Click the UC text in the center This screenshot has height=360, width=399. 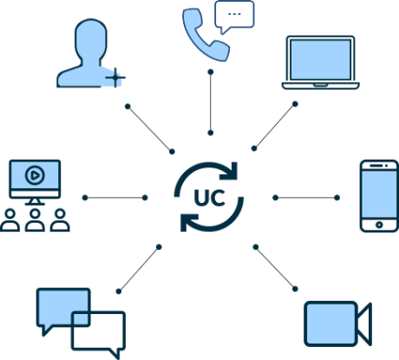click(x=210, y=198)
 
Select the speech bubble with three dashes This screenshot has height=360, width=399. click(x=234, y=15)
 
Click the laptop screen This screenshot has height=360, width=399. click(x=320, y=60)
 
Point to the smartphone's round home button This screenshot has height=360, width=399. click(x=379, y=225)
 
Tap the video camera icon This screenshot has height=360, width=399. click(x=338, y=324)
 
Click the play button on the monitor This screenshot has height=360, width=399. click(x=35, y=175)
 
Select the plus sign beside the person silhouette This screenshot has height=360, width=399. click(x=115, y=77)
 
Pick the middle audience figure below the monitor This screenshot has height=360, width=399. click(x=35, y=220)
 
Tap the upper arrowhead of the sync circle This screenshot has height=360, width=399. click(x=231, y=171)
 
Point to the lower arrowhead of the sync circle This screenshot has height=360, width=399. click(x=188, y=223)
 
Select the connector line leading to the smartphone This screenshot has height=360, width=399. click(x=306, y=198)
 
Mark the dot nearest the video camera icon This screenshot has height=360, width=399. click(x=295, y=289)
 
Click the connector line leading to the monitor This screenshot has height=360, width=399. click(x=115, y=198)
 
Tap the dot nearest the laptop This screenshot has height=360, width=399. click(x=295, y=104)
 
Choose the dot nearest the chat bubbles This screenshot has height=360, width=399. click(x=119, y=291)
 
